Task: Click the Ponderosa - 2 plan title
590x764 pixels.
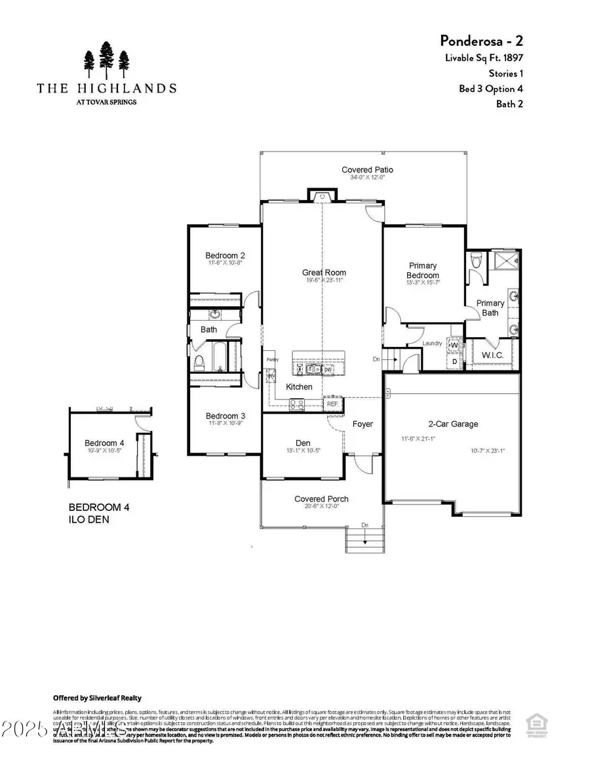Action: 481,40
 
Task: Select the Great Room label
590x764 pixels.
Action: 324,272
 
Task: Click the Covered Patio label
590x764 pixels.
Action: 367,170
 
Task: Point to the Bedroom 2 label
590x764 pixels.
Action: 225,255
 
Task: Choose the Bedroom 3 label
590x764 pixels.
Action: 225,416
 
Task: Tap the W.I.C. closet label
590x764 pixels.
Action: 492,356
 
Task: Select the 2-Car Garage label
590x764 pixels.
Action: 453,424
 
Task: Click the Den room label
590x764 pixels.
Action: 303,443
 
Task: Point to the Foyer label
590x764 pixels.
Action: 363,424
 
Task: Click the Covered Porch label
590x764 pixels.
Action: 321,499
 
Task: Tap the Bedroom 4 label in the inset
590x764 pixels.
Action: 104,443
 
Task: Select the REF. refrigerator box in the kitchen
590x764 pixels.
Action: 333,404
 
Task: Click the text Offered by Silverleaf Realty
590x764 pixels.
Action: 97,698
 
